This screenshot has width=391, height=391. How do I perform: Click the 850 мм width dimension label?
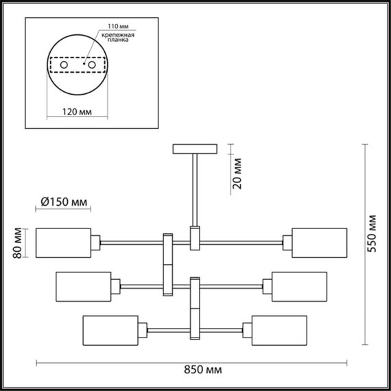click(204, 371)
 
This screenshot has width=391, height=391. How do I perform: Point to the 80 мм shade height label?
click(18, 243)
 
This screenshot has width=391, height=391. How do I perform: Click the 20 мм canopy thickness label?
click(237, 174)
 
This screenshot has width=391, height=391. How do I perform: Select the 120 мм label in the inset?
click(75, 109)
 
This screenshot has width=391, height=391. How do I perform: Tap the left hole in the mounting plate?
click(64, 65)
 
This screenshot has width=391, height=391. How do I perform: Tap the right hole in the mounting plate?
click(90, 65)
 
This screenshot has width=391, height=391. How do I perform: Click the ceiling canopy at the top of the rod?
click(195, 148)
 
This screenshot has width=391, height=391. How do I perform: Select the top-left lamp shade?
click(63, 243)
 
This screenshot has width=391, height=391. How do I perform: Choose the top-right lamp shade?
click(319, 243)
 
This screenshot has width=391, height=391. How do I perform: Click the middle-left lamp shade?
click(82, 285)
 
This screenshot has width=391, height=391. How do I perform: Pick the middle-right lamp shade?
click(300, 285)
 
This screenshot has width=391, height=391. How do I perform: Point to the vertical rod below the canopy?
click(195, 189)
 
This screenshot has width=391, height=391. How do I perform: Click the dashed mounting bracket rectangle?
click(77, 56)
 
